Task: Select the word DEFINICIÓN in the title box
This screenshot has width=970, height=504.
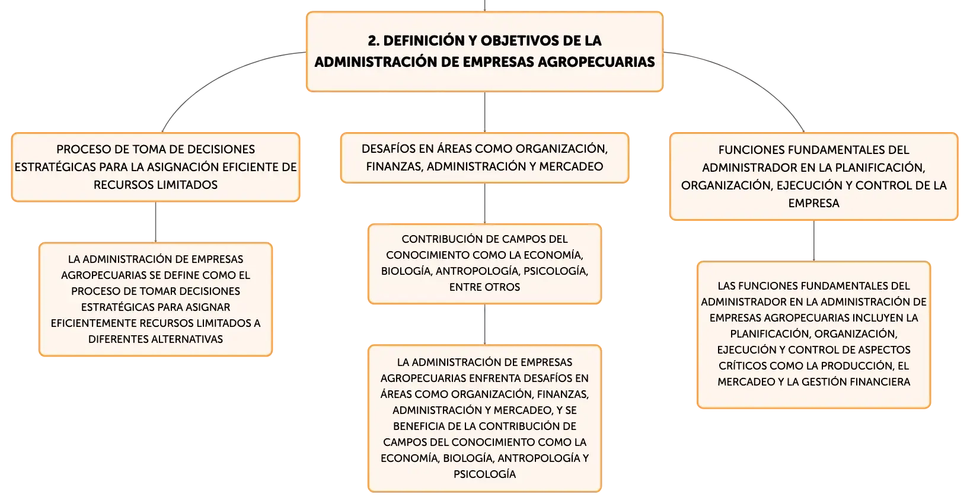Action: pos(419,40)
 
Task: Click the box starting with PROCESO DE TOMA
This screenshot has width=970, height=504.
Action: pos(155,167)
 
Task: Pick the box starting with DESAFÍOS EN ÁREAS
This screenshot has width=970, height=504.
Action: pos(484,158)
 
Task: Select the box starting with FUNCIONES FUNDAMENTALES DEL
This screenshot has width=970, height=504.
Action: pos(813,176)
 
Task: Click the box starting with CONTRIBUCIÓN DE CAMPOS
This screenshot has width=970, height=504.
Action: pos(484,264)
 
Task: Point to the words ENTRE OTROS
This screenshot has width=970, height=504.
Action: pos(484,287)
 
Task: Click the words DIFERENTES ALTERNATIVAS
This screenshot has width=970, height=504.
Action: pos(155,339)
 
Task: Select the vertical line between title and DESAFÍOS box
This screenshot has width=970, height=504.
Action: pos(484,112)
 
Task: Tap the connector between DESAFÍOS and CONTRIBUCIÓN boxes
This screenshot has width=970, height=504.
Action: pos(484,203)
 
